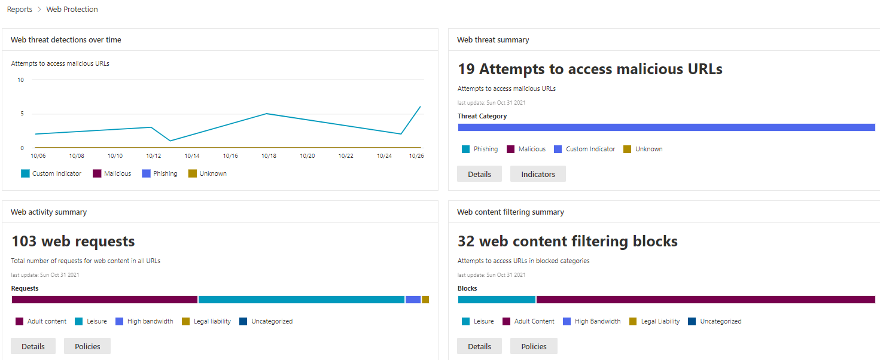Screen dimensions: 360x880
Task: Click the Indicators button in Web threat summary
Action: point(538,174)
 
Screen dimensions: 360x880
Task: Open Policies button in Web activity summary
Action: point(87,346)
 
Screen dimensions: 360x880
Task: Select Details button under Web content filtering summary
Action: point(479,346)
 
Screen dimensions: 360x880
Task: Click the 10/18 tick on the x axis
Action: point(268,155)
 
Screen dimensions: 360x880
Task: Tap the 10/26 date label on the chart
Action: point(416,155)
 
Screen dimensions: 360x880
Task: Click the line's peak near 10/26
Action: point(421,107)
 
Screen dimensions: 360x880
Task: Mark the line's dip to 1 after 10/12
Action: point(170,141)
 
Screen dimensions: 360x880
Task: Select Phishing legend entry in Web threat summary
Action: point(480,149)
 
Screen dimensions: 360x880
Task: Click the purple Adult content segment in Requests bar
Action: point(105,300)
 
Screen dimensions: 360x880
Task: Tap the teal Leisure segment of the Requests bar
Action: point(302,300)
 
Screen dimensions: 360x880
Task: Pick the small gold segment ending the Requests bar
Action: point(425,300)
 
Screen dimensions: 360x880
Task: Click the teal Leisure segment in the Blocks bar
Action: point(497,300)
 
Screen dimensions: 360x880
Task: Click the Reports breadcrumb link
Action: point(20,10)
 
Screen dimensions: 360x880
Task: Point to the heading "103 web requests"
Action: point(73,242)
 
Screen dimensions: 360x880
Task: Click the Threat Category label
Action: point(482,116)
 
